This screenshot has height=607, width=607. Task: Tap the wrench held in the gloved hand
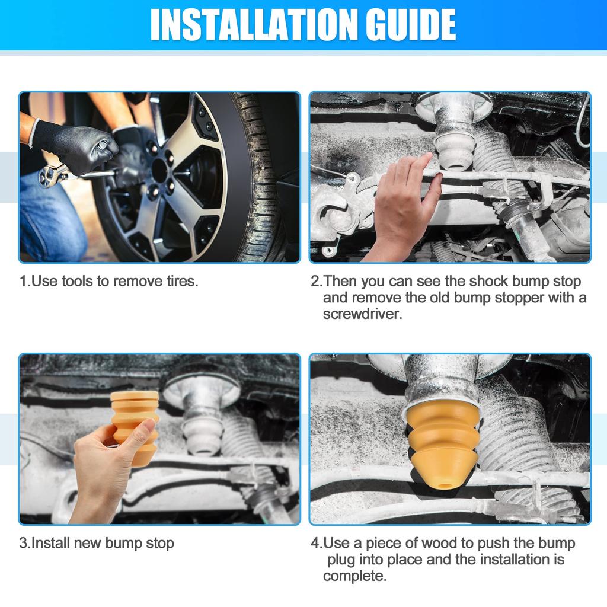pos(70,174)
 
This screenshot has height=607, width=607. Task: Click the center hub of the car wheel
pos(160,170)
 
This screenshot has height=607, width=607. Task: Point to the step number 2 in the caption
pos(314,282)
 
